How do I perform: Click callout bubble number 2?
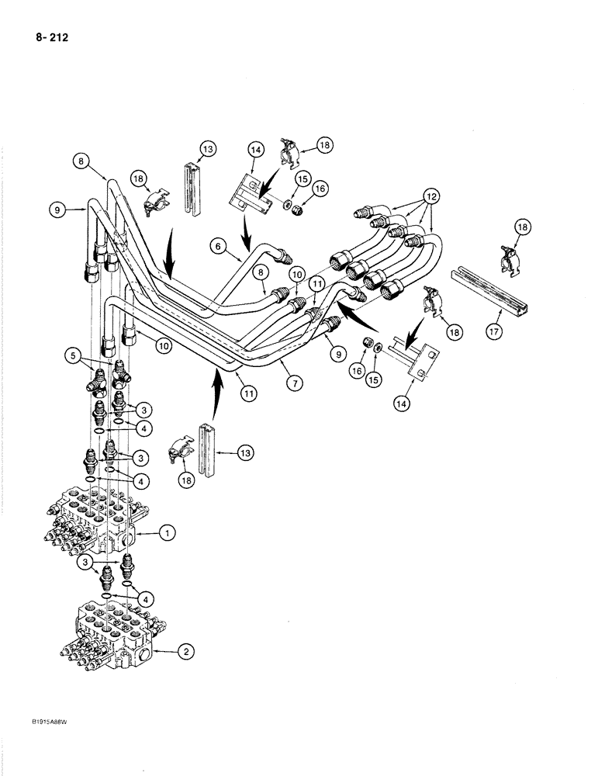pos(185,653)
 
